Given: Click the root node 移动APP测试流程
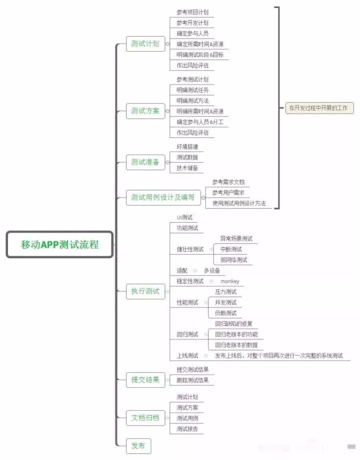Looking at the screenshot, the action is click(x=59, y=244).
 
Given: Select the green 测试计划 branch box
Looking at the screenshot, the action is click(x=145, y=44).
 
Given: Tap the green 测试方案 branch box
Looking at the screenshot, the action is click(x=145, y=111).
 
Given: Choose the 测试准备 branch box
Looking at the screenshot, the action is click(x=145, y=162).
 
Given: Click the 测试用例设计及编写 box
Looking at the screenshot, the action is click(x=163, y=197).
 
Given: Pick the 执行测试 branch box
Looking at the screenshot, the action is click(x=145, y=291).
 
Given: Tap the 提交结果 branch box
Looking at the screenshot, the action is click(x=145, y=380).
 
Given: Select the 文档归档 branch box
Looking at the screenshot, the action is click(x=145, y=418).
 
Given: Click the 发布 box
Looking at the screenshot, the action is click(x=138, y=446).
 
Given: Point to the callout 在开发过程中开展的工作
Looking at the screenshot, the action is click(x=319, y=108).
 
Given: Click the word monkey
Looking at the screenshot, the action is click(x=230, y=281).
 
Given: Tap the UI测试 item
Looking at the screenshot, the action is click(x=184, y=217).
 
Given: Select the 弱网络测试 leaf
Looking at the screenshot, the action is click(x=233, y=260).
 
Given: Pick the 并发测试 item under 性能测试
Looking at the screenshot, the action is click(x=225, y=302).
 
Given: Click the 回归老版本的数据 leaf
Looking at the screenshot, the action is click(x=236, y=345).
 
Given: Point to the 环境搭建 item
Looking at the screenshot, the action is click(x=187, y=147).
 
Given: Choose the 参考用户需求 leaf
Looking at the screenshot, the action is click(x=228, y=193).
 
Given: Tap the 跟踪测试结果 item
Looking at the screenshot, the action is click(x=192, y=380).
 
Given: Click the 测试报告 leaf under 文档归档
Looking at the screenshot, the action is click(x=187, y=429).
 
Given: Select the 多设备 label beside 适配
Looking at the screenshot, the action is click(x=212, y=270).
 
